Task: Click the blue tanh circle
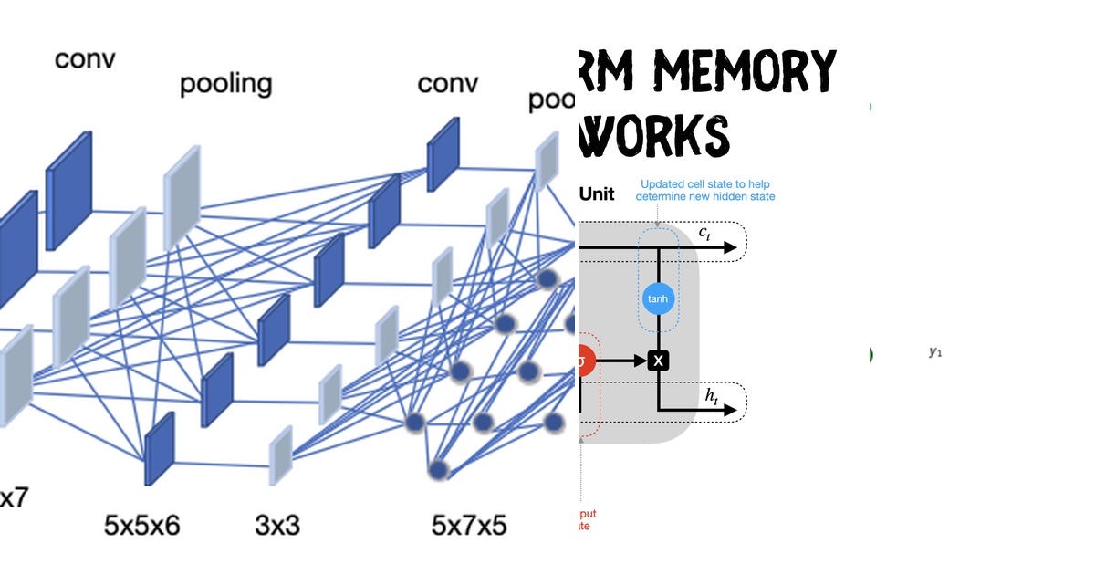pos(658,298)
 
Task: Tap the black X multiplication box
pos(658,361)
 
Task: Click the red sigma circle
pos(583,360)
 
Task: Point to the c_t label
pos(704,233)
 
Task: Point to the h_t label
pos(712,394)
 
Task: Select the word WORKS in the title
pos(654,134)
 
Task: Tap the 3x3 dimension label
pos(276,525)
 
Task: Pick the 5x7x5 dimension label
pos(469,525)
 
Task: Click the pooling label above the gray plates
pos(225,84)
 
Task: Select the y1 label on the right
pos(934,351)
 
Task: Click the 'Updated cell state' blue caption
pos(707,190)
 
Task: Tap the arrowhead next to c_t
pos(729,247)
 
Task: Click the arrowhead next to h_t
pos(729,410)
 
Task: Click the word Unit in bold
pos(598,193)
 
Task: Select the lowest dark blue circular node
pos(440,469)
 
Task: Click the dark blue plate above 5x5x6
pos(159,447)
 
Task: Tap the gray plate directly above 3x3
pos(281,454)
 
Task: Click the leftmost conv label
pos(85,59)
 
